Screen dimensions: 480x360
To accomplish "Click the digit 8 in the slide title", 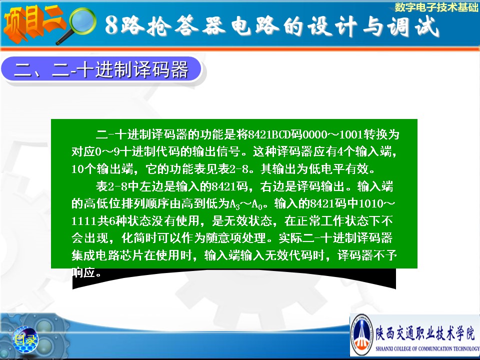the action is coord(111,25).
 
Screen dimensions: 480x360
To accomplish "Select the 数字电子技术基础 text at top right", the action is coord(436,7).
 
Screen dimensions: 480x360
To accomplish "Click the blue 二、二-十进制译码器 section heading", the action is coord(101,69).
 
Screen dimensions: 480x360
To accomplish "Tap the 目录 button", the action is coord(25,339).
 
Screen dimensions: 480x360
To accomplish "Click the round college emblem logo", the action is coord(362,334).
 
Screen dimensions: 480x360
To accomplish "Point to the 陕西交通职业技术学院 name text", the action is coord(425,333).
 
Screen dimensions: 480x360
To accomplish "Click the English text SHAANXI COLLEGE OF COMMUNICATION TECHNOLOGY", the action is coord(427,348).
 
